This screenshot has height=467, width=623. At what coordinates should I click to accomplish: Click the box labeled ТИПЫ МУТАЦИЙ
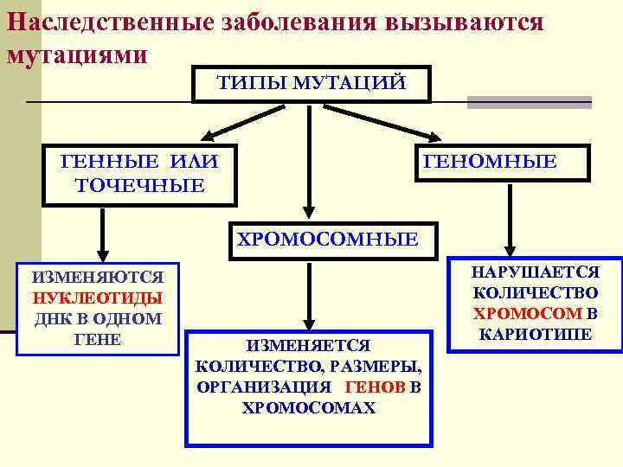310,83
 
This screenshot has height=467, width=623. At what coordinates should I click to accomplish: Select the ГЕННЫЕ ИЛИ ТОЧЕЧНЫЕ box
139,173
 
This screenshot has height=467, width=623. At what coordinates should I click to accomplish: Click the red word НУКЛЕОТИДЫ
97,298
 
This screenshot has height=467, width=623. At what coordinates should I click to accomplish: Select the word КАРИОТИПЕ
535,333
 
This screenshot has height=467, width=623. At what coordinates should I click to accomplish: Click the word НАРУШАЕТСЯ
535,272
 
